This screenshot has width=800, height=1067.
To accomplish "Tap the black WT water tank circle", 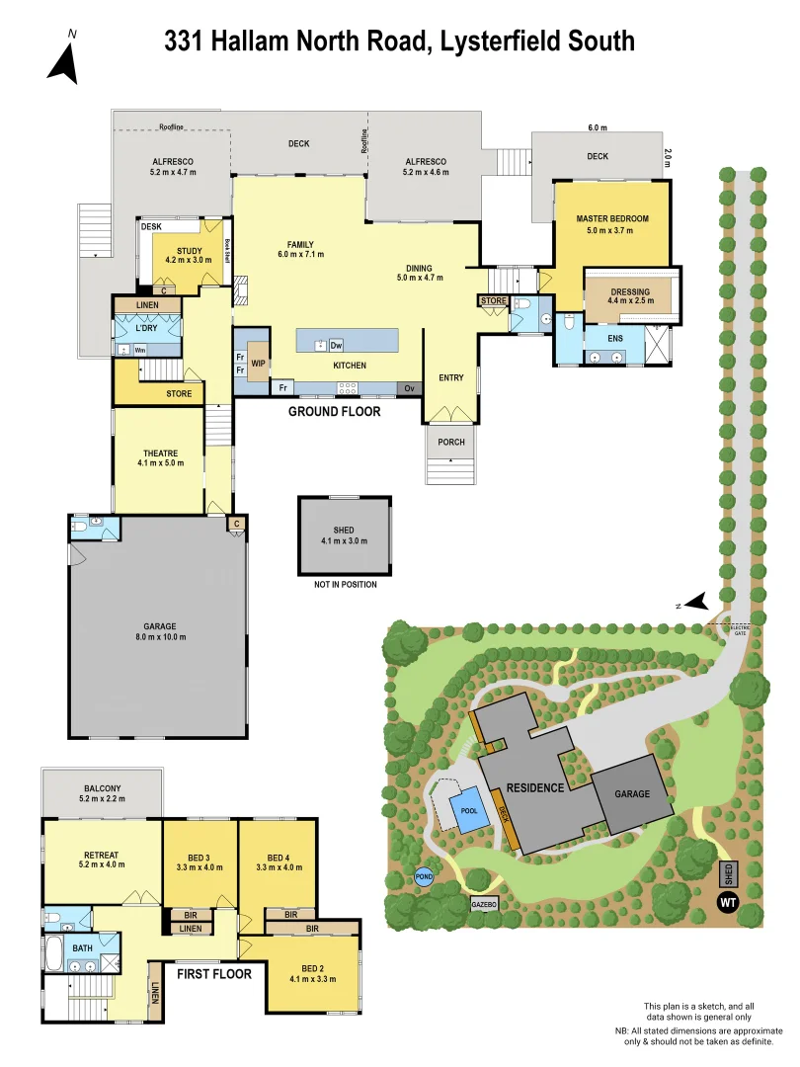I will (x=729, y=901).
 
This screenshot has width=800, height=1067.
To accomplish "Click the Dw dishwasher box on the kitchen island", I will (x=336, y=345).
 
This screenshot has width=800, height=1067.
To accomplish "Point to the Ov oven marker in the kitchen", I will (x=409, y=388).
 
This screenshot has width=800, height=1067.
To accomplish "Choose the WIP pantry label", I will (x=258, y=363).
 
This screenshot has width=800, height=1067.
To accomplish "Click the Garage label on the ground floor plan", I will (x=159, y=626).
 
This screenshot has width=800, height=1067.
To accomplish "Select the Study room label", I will (x=189, y=251).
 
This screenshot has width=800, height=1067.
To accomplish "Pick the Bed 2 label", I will (x=312, y=972).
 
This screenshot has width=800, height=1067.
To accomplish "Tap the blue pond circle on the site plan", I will (x=424, y=876).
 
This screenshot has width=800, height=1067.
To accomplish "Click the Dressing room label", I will (x=629, y=292).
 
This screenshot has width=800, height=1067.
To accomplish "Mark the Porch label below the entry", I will (x=451, y=442).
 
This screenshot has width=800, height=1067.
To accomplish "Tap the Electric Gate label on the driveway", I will (x=739, y=629).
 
